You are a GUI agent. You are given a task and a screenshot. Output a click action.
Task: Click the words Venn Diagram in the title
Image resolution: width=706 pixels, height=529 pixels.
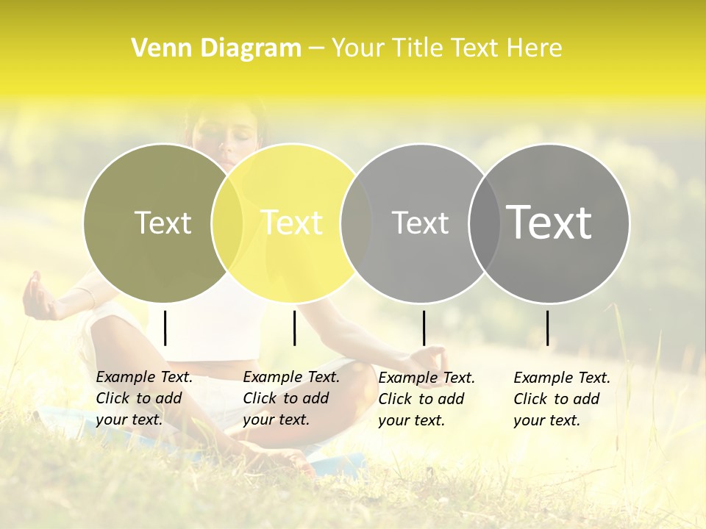click(216, 48)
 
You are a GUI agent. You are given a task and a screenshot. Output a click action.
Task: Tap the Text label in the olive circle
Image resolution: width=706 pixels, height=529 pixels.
click(163, 223)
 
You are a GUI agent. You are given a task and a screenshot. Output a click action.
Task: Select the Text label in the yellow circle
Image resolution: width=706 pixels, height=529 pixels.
click(292, 223)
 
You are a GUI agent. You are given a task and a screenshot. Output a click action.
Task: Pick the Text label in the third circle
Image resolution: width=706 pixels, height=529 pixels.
click(420, 223)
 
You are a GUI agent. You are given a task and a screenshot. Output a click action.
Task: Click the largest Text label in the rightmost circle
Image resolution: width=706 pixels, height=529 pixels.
click(549, 222)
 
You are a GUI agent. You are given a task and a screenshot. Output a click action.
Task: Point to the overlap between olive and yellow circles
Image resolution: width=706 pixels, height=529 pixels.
click(227, 223)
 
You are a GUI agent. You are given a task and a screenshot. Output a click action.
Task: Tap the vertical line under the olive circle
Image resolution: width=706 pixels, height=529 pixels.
click(165, 328)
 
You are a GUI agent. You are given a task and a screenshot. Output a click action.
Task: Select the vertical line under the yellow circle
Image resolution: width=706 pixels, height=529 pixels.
click(294, 328)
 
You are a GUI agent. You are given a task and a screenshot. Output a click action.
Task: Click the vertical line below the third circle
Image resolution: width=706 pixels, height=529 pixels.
click(424, 328)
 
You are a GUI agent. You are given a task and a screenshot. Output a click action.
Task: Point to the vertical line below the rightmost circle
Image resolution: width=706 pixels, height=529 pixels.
click(548, 328)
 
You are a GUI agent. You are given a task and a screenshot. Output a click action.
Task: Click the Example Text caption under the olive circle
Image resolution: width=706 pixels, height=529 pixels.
click(144, 398)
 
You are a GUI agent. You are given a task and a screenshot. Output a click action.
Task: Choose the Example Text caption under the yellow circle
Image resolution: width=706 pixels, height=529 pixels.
click(291, 398)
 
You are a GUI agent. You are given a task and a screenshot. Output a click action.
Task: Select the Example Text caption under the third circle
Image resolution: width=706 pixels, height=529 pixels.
click(427, 399)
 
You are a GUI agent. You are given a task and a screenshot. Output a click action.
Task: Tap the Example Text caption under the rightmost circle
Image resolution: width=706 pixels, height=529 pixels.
click(562, 399)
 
